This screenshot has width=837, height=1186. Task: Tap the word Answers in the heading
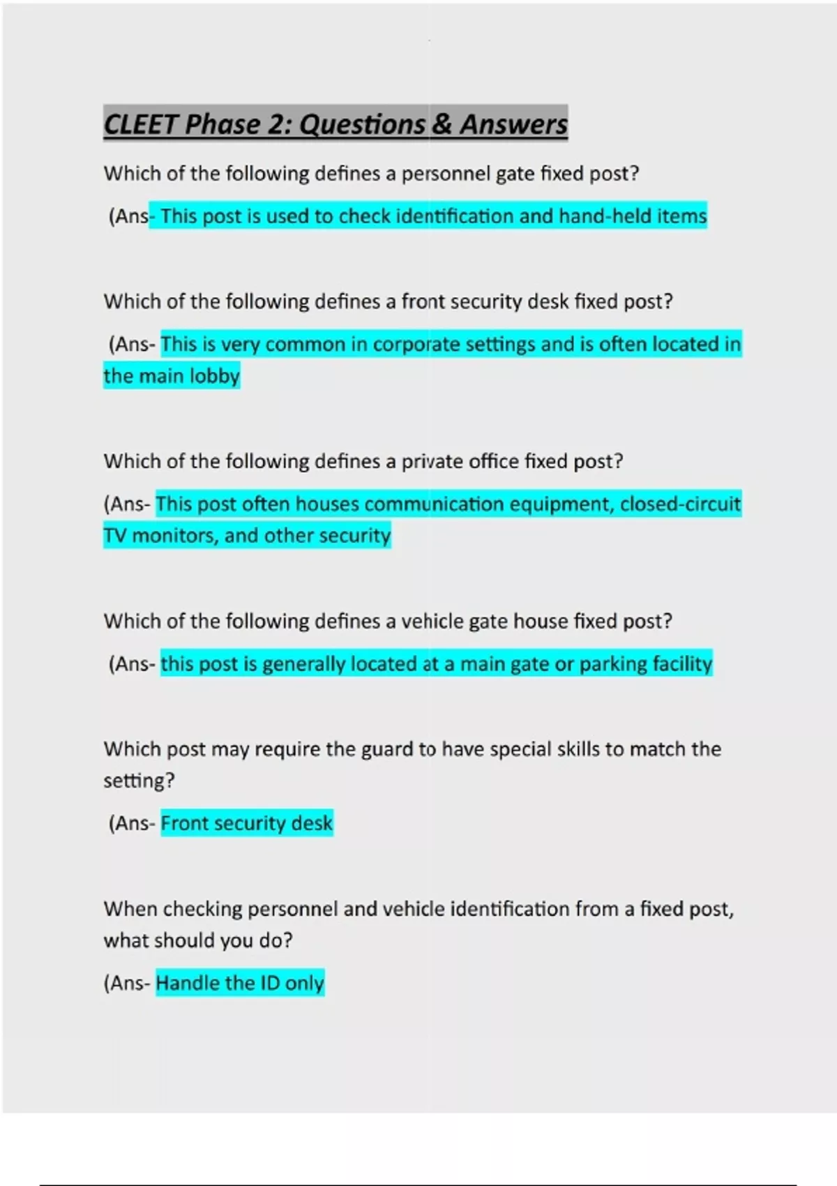(513, 124)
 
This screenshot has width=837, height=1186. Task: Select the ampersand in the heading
(442, 124)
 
